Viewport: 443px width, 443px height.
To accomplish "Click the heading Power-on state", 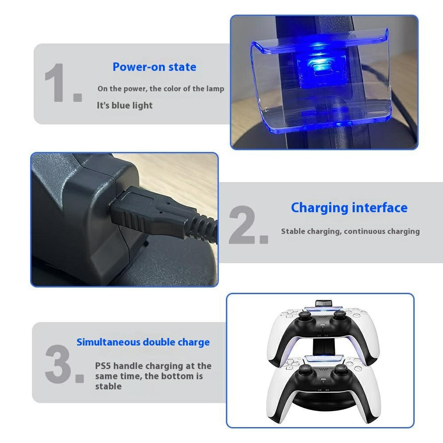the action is pos(154,67).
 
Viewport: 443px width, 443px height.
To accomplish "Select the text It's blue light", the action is pos(124,105).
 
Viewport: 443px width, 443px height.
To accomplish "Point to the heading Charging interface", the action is pos(349,208).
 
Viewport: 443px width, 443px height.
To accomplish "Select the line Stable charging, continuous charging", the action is pos(350,231).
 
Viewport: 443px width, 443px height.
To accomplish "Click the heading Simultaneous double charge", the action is pos(143,342).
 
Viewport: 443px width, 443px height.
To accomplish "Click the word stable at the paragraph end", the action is pos(108,386).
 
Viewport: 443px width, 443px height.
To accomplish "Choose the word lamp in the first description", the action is pos(215,89).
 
